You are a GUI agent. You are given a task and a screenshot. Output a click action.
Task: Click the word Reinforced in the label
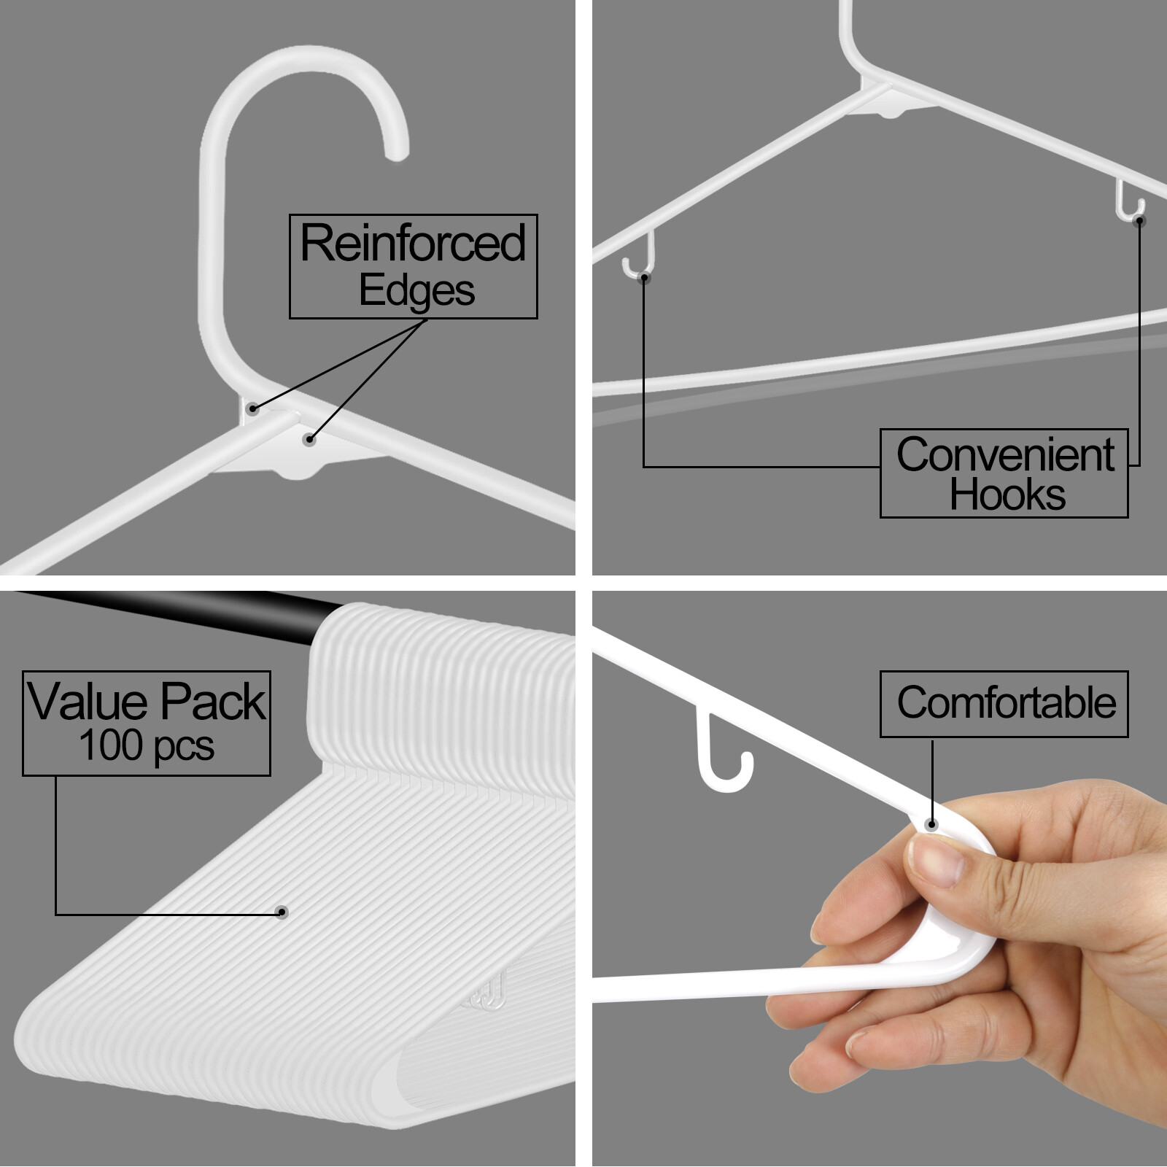[x=413, y=243]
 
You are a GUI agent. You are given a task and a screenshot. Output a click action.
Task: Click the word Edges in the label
[x=416, y=291]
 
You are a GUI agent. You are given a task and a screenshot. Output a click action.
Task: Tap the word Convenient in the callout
[x=1005, y=455]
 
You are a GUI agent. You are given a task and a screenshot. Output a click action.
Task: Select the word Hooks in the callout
[x=1007, y=495]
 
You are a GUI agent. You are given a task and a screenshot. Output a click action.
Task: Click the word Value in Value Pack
[x=88, y=702]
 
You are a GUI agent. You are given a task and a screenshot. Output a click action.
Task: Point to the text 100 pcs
[x=146, y=746]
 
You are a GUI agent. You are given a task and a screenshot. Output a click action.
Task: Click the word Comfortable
[x=1006, y=703]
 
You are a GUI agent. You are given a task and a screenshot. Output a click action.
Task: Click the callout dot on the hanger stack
[x=282, y=912]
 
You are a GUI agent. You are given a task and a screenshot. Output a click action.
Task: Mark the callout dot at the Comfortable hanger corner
[x=931, y=825]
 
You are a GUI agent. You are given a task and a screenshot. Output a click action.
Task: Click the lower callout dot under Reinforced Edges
[x=309, y=439]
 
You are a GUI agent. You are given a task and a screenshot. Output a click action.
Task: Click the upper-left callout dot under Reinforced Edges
[x=252, y=408]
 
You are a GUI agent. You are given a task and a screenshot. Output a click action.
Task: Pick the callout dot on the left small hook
[x=644, y=278]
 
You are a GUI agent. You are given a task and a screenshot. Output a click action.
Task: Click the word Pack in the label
[x=213, y=702]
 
